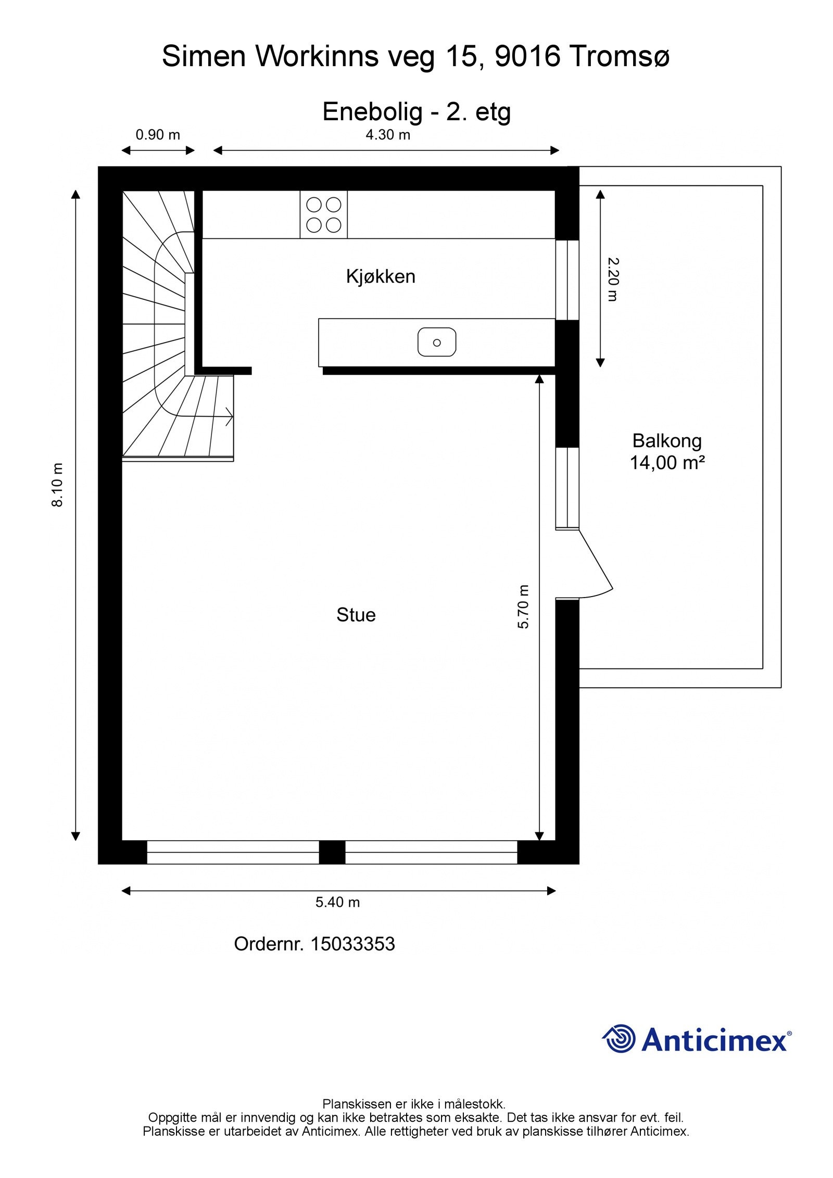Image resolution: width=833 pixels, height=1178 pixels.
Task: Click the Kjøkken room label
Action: point(381,276)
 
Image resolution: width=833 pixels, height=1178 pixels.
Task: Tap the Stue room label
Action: point(356,615)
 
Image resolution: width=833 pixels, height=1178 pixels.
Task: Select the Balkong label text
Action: point(667,441)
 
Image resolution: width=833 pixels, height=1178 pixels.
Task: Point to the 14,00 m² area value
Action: point(667,462)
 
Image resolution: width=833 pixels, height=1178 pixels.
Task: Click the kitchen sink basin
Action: point(437,343)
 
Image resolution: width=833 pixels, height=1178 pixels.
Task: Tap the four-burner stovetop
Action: point(324,214)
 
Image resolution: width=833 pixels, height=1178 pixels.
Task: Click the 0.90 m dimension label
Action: point(158,135)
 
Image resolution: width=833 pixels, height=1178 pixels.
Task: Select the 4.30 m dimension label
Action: point(388,135)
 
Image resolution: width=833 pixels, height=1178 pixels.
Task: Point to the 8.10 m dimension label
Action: point(57,485)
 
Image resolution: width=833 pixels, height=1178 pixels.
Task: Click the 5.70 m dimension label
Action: point(523,606)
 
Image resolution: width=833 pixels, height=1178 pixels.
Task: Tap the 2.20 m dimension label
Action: point(612,280)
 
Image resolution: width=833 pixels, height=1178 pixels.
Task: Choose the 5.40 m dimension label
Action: point(337,902)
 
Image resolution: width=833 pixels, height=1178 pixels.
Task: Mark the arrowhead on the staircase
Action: point(229,417)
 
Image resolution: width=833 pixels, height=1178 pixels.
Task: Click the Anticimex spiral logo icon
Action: point(620,1038)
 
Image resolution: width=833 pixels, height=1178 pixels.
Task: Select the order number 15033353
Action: point(352,944)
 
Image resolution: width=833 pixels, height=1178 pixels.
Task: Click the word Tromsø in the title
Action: point(619,56)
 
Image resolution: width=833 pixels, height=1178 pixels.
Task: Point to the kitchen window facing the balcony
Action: point(567,280)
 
